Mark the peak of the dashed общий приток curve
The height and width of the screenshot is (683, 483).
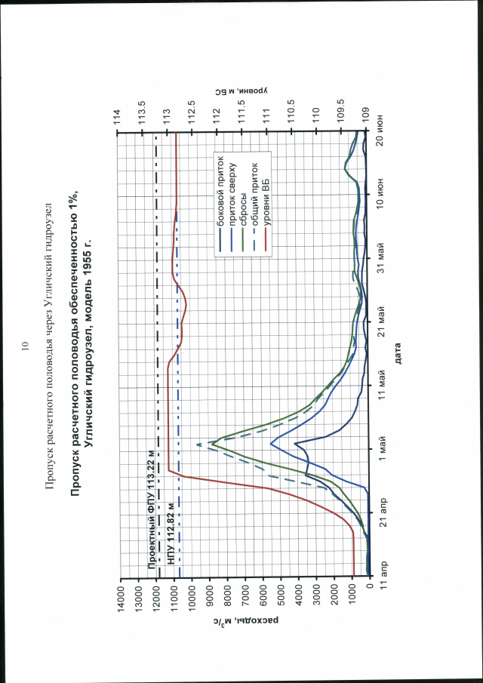pos(198,444)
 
